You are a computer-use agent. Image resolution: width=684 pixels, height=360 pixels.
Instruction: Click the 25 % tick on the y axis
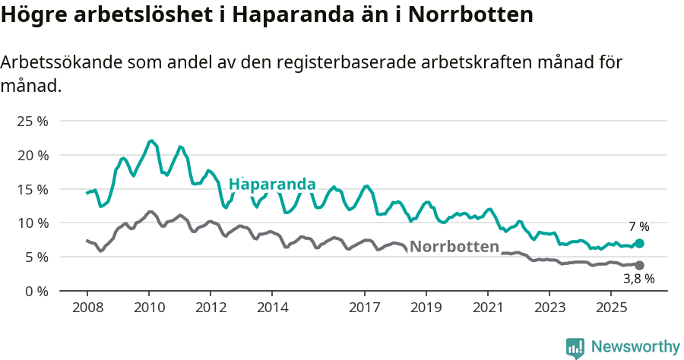(x=32, y=121)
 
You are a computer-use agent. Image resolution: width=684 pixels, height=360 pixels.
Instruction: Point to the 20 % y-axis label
(x=32, y=155)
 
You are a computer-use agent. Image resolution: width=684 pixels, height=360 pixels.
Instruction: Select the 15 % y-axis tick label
(x=32, y=189)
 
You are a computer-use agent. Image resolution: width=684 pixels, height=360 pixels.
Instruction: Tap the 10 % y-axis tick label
(x=32, y=223)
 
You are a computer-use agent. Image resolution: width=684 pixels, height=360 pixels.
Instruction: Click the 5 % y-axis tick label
(x=35, y=257)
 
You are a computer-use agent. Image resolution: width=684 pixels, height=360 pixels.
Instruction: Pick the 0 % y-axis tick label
(x=35, y=291)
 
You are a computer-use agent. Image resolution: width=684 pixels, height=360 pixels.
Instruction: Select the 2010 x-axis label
(x=148, y=308)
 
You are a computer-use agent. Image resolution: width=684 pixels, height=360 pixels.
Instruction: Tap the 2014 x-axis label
(x=272, y=308)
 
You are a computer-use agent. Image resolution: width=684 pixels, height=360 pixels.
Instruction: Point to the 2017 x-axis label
(x=364, y=308)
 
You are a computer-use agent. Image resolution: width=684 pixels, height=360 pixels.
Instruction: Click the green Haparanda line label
(x=272, y=185)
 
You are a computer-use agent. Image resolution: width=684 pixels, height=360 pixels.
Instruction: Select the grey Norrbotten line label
(x=454, y=246)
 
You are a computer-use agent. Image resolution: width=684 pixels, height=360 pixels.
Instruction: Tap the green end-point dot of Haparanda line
(x=639, y=243)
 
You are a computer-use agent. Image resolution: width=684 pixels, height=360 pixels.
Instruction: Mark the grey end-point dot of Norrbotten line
(x=639, y=265)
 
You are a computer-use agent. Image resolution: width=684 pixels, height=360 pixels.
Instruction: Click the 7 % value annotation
(x=638, y=226)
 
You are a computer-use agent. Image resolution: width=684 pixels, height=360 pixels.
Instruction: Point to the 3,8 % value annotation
(x=638, y=279)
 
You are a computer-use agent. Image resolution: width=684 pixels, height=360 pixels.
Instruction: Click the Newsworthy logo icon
(x=575, y=348)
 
